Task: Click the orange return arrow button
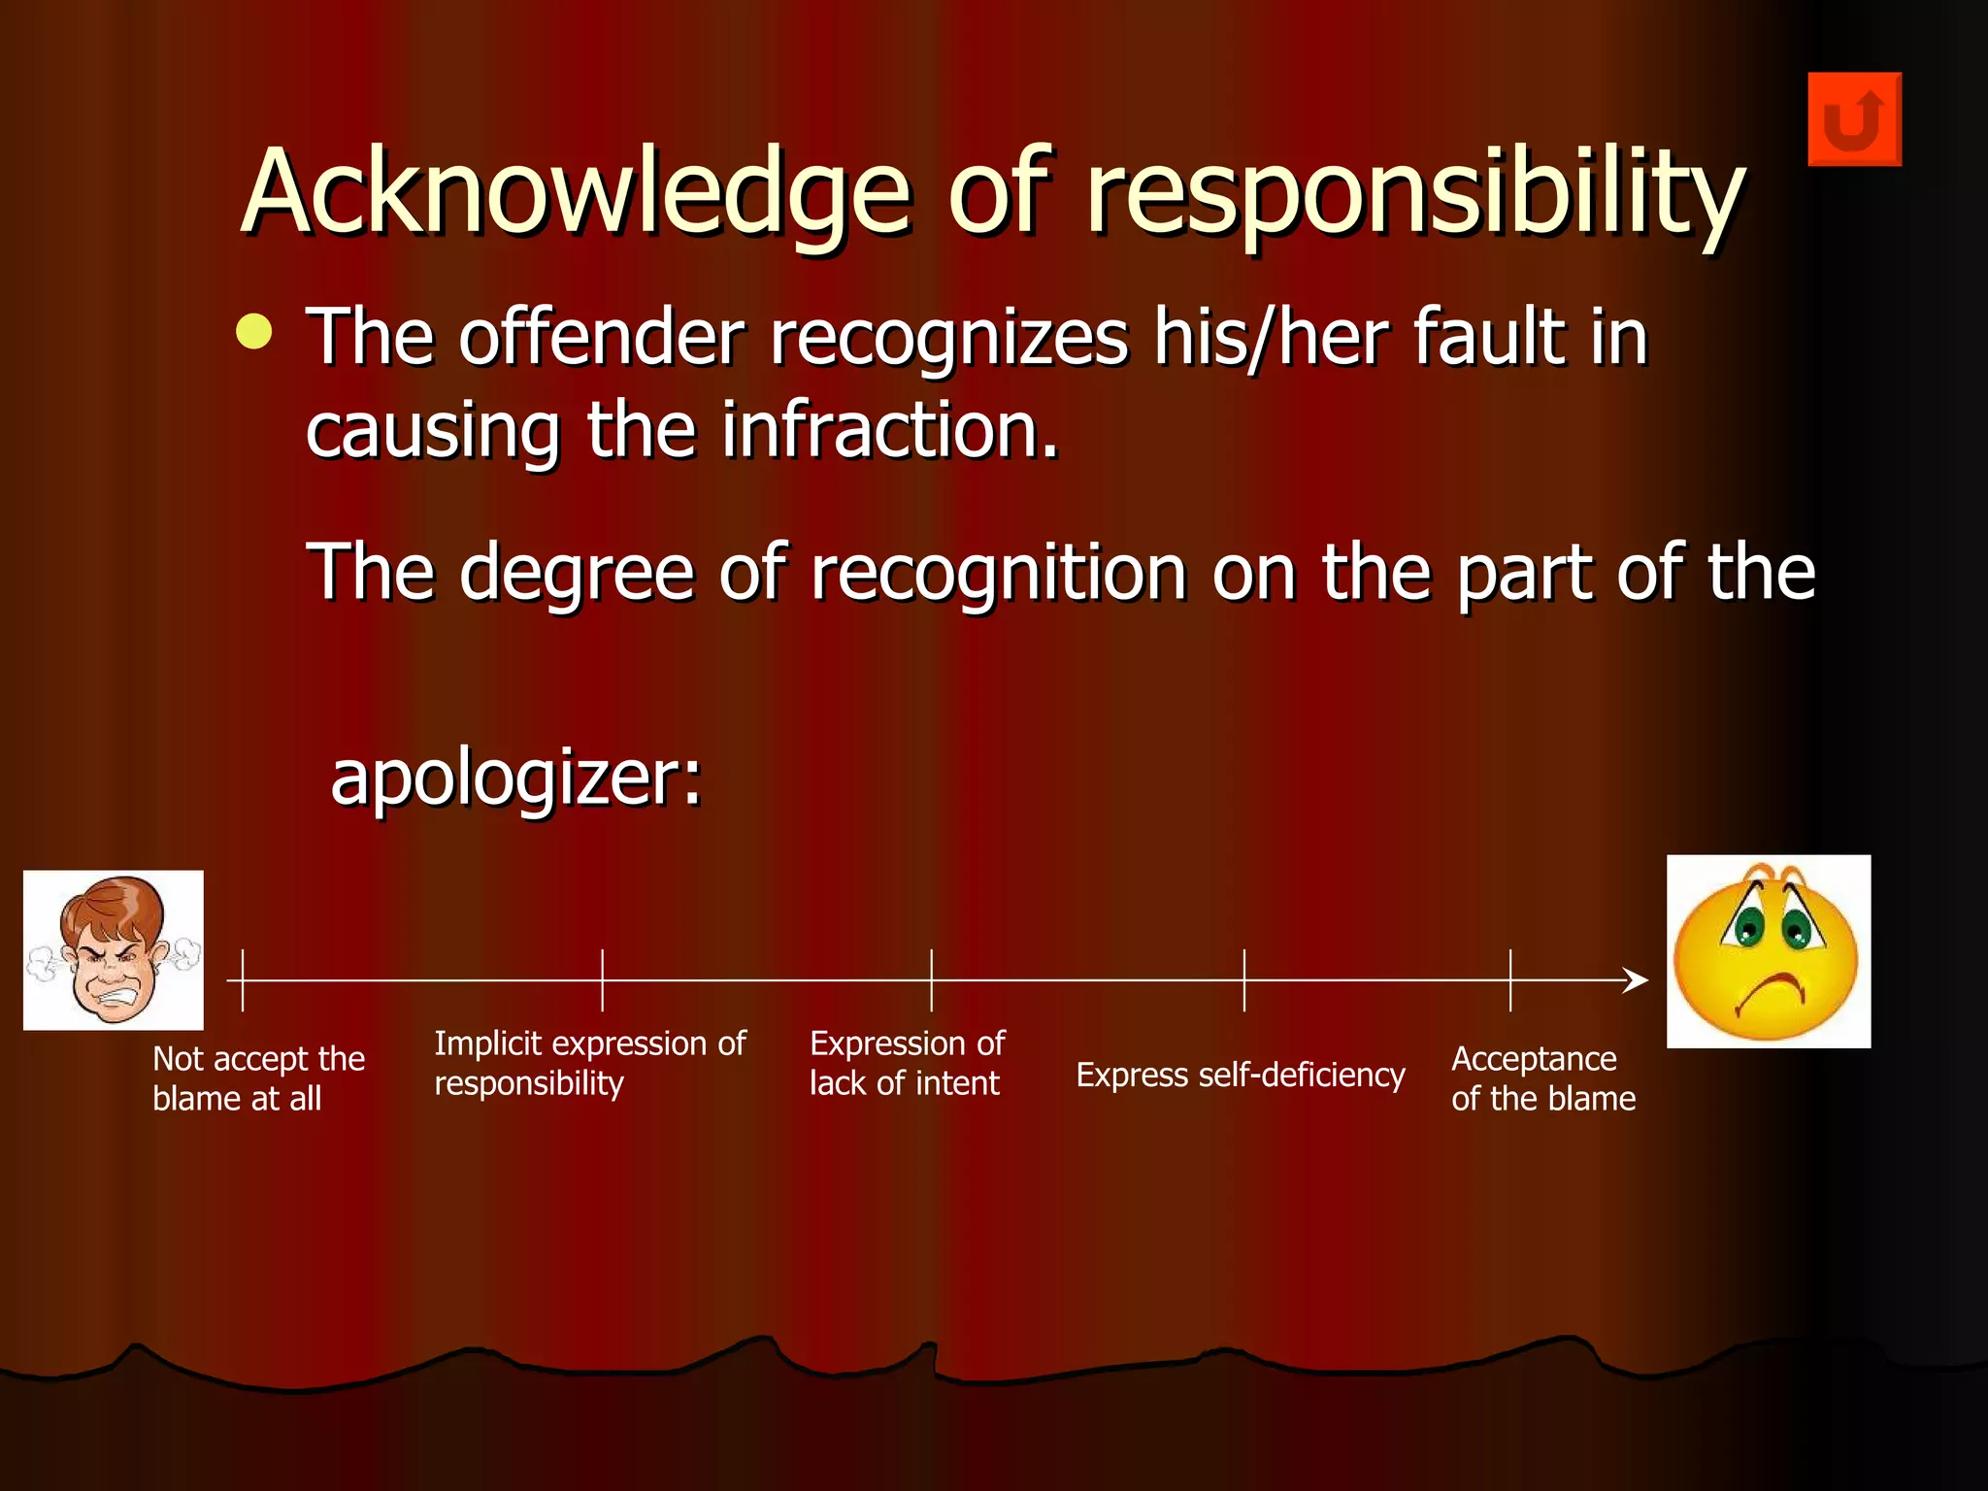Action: coord(1854,119)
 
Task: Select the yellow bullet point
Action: coord(254,332)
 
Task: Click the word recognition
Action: coord(998,573)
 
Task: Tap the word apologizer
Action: coord(514,778)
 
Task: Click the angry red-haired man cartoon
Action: coord(113,949)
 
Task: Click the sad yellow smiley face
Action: coord(1768,951)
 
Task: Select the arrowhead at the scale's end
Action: coord(1638,980)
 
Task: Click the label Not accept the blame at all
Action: coord(258,1078)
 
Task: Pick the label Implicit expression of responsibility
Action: coord(589,1063)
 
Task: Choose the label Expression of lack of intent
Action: coord(907,1063)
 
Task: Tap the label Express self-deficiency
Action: coord(1240,1076)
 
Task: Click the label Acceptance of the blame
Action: coord(1542,1078)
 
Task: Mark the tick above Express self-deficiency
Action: coord(1243,980)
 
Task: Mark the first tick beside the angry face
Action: coord(243,980)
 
